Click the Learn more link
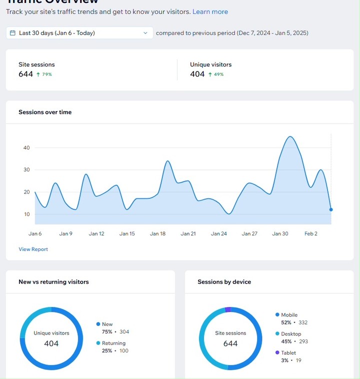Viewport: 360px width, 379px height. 210,11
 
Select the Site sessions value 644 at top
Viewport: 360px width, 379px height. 25,74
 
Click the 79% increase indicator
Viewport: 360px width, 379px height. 44,74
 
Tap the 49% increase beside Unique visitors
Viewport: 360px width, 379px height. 216,74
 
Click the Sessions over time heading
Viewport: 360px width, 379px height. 45,112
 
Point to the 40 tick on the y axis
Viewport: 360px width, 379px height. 26,148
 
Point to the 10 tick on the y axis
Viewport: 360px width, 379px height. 26,214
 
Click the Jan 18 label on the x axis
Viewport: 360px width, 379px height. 157,233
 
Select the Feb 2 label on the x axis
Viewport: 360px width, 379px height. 311,233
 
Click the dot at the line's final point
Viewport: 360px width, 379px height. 331,209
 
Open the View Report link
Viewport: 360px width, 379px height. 33,249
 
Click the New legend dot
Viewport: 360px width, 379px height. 98,324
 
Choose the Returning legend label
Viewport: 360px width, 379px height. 113,343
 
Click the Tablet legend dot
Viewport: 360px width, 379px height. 277,352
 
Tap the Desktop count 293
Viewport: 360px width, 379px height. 303,341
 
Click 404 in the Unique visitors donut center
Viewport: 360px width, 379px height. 51,343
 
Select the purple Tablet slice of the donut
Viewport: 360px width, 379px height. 228,309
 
